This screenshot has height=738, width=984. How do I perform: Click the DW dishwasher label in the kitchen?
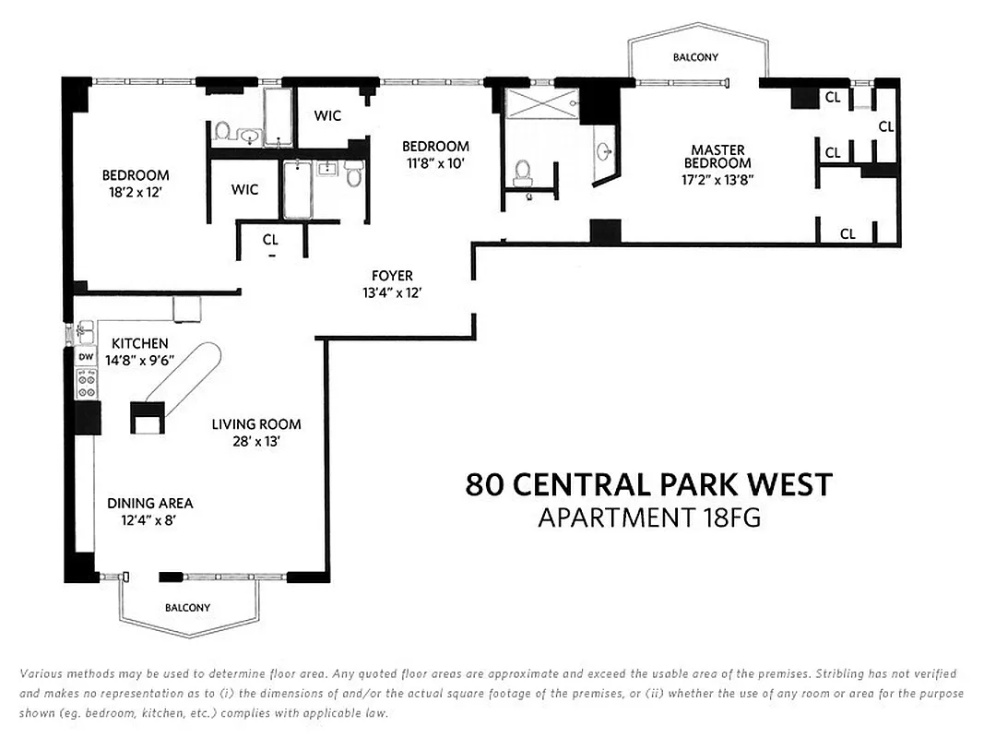click(85, 356)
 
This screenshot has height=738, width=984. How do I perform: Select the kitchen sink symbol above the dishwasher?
click(83, 327)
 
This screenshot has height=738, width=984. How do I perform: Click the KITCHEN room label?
click(139, 343)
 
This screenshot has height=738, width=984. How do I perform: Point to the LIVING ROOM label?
click(256, 424)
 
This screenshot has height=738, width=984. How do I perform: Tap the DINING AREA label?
click(149, 503)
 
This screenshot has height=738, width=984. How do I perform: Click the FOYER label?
click(392, 276)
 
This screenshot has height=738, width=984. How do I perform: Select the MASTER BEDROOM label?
click(717, 156)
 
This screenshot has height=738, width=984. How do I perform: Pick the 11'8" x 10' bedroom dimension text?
click(435, 163)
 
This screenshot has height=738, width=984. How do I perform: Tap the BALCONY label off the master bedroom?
click(695, 57)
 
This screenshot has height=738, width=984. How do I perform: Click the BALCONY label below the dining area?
click(187, 608)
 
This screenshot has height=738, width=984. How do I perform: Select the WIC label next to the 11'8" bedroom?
click(327, 115)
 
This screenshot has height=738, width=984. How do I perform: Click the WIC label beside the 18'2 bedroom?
click(244, 189)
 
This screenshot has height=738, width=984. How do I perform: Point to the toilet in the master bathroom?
click(524, 171)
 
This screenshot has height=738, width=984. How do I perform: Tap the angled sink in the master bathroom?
click(604, 152)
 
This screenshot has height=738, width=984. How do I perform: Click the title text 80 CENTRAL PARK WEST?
click(648, 484)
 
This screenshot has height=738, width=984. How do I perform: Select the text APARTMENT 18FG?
click(648, 518)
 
